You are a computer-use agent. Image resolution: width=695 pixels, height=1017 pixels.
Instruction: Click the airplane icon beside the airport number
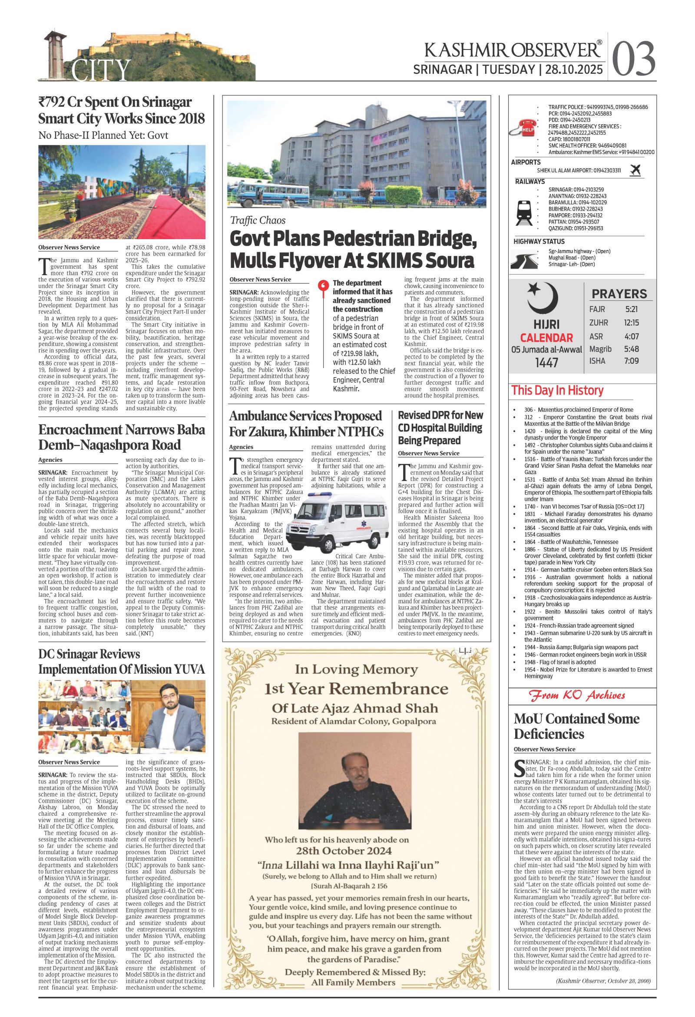[635, 170]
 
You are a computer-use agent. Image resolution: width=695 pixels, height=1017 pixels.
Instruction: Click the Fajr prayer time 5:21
[632, 309]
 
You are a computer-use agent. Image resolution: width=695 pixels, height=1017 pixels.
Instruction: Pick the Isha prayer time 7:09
[632, 361]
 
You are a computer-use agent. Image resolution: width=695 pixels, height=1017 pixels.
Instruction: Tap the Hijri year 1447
[546, 362]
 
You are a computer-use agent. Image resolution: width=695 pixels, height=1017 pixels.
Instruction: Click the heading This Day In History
[557, 390]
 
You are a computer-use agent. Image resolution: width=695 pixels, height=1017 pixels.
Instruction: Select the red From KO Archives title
[577, 695]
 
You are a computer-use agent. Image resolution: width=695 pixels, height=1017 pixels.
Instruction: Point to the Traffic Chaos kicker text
[258, 220]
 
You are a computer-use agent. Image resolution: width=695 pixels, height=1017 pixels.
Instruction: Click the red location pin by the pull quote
[323, 286]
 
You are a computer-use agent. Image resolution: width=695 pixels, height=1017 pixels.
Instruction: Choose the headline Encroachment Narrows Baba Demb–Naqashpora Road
[121, 437]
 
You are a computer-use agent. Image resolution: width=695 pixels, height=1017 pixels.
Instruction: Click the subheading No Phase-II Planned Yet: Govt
[103, 135]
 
